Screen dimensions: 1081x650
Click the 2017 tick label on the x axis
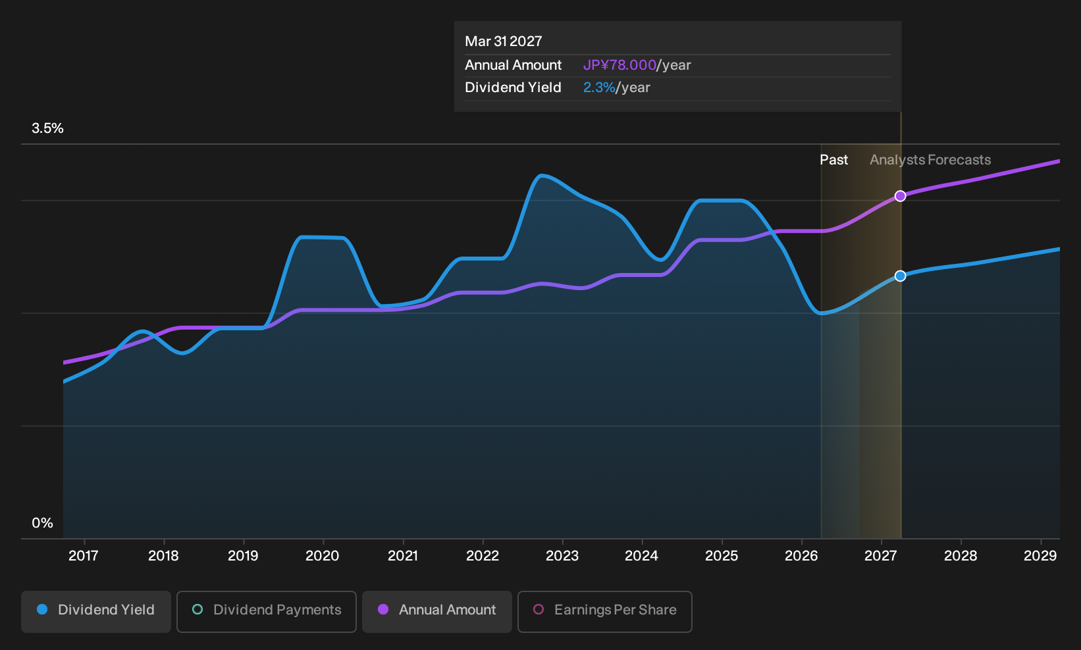point(84,555)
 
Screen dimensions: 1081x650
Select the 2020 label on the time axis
point(323,555)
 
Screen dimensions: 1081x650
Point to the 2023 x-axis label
point(562,555)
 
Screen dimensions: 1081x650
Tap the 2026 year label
point(801,555)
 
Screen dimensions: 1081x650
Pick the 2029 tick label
point(1040,555)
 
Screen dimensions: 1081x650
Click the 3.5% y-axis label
point(47,128)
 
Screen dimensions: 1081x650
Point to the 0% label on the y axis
point(43,523)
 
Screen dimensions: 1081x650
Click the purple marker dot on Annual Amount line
point(900,196)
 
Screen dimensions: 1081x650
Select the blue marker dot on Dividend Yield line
point(900,276)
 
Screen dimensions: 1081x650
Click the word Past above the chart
point(834,160)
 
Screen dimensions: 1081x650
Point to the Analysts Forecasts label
point(930,160)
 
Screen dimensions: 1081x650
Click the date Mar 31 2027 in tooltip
point(504,41)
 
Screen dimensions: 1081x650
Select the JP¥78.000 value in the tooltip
point(620,65)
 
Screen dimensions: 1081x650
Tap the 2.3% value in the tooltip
point(599,87)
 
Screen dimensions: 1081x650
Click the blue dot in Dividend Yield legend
point(43,609)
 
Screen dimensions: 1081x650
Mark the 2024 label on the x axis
point(641,555)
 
